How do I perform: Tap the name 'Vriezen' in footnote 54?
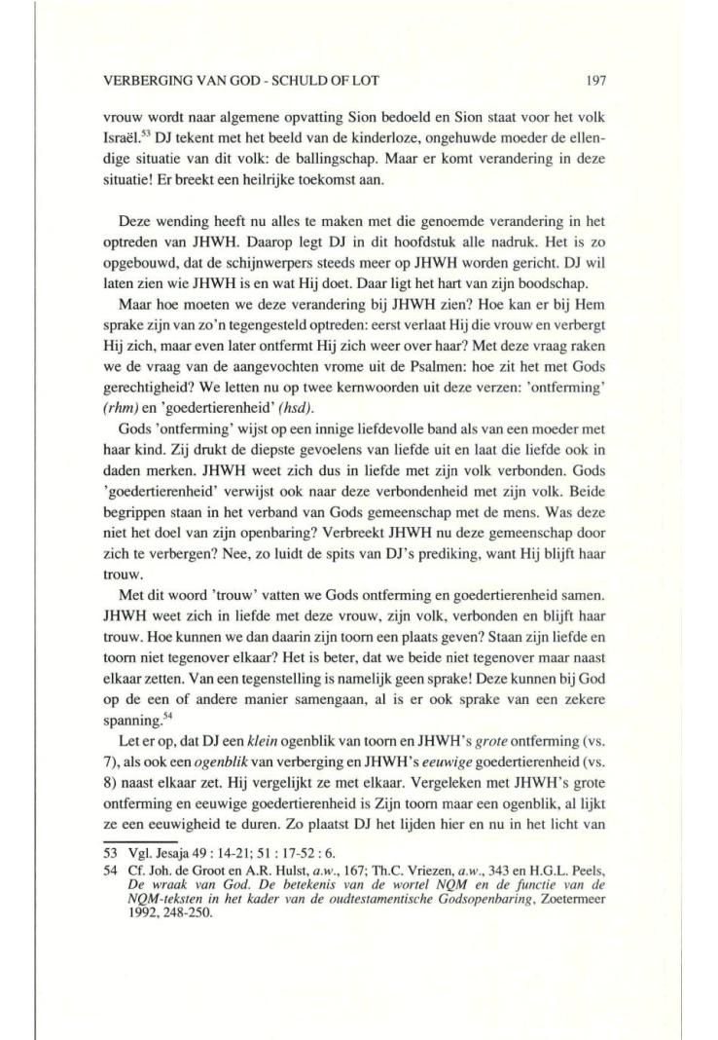point(424,868)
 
